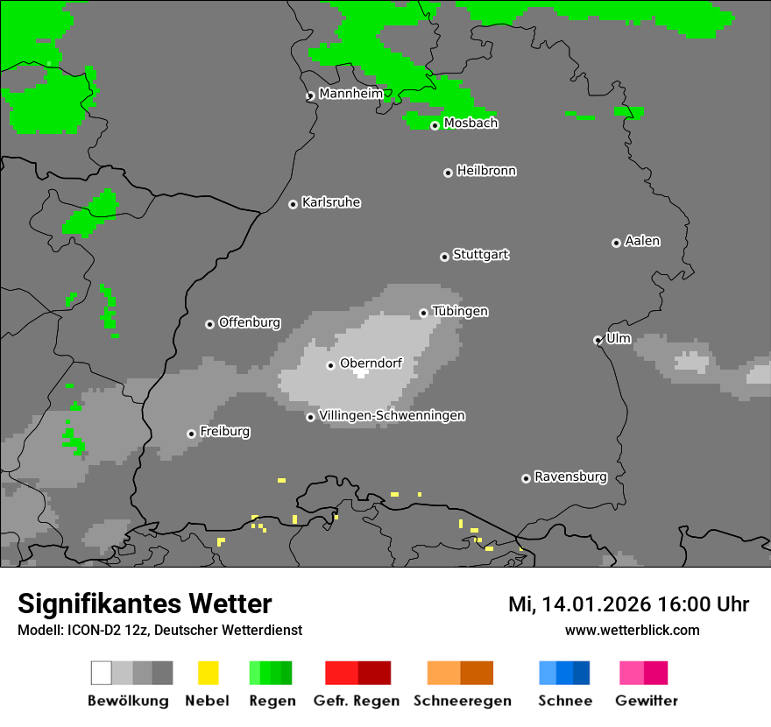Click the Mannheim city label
click(350, 94)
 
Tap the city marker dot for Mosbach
click(435, 125)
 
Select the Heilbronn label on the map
click(486, 171)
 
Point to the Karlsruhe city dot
click(293, 204)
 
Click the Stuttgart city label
click(480, 255)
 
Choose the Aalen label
click(642, 241)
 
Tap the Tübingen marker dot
click(423, 313)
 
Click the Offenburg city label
click(250, 322)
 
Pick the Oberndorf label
click(371, 363)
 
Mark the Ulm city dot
click(598, 340)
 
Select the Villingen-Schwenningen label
click(392, 415)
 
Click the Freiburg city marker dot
click(191, 434)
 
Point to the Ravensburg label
click(570, 476)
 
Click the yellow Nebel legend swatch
click(209, 673)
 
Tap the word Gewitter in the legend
click(647, 701)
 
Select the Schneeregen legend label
click(463, 701)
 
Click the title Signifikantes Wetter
click(145, 603)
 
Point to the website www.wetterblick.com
click(633, 630)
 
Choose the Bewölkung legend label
click(128, 701)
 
